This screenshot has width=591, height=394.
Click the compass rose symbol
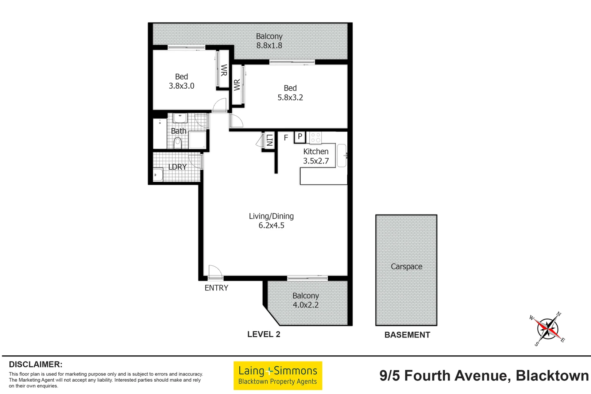tap(547, 329)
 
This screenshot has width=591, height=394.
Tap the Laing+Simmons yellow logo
tap(278, 375)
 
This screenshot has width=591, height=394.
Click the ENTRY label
tap(216, 288)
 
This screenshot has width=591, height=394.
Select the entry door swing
tap(215, 272)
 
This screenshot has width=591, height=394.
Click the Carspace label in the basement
tap(406, 267)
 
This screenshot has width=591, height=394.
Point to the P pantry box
tap(300, 137)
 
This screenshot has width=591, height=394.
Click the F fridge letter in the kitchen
tap(286, 138)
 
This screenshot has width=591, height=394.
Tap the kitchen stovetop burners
tap(316, 138)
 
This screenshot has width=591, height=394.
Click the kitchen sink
tap(341, 156)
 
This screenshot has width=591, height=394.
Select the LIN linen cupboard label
tap(269, 140)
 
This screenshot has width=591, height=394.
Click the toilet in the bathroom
tap(178, 143)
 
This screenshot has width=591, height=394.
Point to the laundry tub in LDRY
tap(158, 174)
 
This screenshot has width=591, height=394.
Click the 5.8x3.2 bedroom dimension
tap(290, 97)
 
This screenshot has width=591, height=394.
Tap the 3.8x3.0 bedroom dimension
tap(181, 86)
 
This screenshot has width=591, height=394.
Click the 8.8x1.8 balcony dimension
tap(269, 46)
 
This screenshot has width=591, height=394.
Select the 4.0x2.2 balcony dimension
tap(306, 305)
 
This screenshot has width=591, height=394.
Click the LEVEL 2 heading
tap(263, 334)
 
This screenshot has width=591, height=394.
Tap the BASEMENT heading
tap(407, 335)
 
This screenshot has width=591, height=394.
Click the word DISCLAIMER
tap(35, 364)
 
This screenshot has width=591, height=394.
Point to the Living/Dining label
tap(271, 216)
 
